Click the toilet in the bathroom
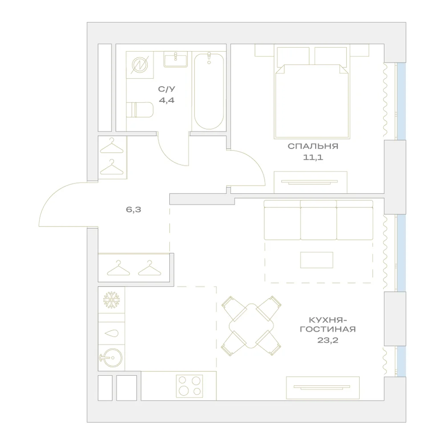pos(140,109)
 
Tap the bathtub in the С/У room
pos(209,91)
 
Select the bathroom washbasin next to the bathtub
pos(176,60)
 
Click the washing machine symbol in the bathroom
pos(140,65)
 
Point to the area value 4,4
pos(166,100)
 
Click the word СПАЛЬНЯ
pos(313,146)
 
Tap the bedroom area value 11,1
pos(313,157)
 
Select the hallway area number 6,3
pos(133,210)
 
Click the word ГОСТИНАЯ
pos(328,329)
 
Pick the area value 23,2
pos(328,340)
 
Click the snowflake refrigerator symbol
pos(112,299)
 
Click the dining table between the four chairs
pos(251,326)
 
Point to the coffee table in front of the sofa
pos(316,260)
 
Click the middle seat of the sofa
pos(319,220)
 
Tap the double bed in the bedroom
pos(312,93)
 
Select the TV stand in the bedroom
pos(310,182)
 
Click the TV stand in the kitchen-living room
pos(323,388)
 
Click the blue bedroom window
pos(401,101)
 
